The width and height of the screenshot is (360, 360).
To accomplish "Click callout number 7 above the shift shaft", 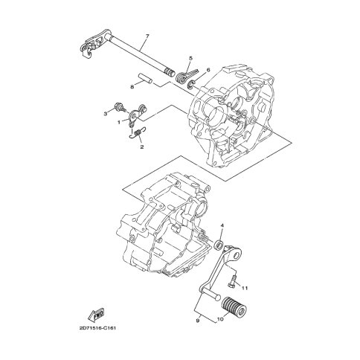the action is (x=147, y=36).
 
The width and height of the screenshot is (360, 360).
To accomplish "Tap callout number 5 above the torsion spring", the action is (x=190, y=58).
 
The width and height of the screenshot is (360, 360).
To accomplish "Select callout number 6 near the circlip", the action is (x=208, y=70).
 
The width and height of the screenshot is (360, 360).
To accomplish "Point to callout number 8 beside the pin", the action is (x=132, y=86).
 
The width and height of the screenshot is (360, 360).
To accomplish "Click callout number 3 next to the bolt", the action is (x=106, y=114).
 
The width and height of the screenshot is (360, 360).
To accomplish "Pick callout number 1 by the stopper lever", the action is (x=119, y=122).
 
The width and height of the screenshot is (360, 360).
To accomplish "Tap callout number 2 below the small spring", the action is (x=142, y=147).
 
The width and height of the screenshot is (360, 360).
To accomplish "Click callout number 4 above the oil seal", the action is (x=222, y=225).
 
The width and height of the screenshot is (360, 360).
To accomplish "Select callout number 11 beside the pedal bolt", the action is (x=245, y=288).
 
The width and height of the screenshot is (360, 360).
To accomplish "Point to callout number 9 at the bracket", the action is (x=198, y=321).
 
